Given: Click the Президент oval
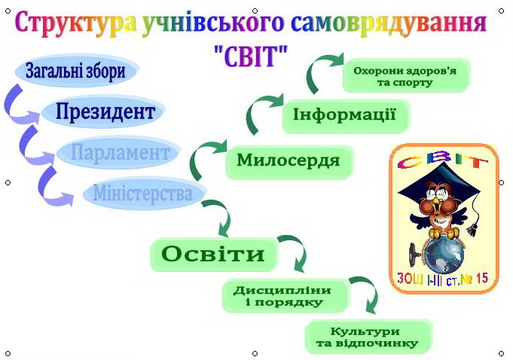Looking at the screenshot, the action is pos(102,111).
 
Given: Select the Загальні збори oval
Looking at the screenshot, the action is pos(76,71).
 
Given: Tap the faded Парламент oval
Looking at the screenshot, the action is pos(118,153).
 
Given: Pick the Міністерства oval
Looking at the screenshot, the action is pos(144,194).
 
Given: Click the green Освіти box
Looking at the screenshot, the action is pos(213,255).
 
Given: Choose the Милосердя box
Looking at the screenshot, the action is pos(289,162).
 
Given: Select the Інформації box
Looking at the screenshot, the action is pos(346,116).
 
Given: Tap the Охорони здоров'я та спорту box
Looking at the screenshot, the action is pos(406,75).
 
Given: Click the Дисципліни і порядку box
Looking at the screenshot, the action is pos(284,295).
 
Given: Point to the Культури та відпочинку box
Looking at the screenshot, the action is pos(368,337).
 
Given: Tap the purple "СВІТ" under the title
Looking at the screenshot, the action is pos(251,56).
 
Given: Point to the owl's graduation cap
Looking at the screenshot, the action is pos(438,184).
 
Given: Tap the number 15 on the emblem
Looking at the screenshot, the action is pos(481,279).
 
